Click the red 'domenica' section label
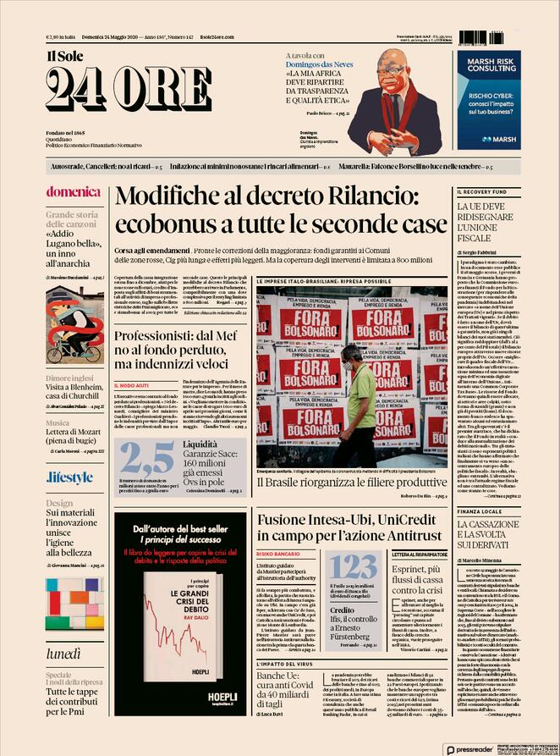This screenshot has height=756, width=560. click(73, 191)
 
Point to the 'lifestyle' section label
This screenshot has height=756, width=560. click(69, 477)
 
